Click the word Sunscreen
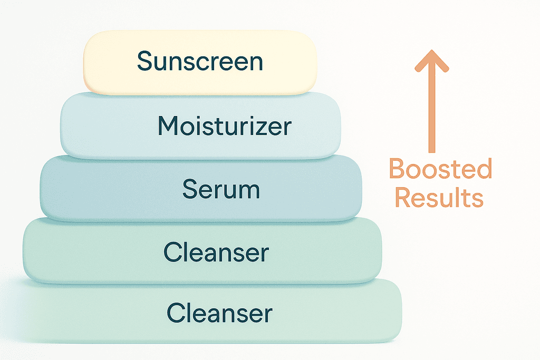pyautogui.click(x=200, y=62)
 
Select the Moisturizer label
pyautogui.click(x=224, y=126)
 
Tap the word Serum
pyautogui.click(x=221, y=189)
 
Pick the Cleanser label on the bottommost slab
pyautogui.click(x=219, y=313)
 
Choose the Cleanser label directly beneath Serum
pyautogui.click(x=216, y=252)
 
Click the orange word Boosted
pyautogui.click(x=440, y=170)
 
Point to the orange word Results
pyautogui.click(x=439, y=198)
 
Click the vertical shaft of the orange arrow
pyautogui.click(x=432, y=111)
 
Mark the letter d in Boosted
pyautogui.click(x=484, y=170)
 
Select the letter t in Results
pyautogui.click(x=464, y=199)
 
